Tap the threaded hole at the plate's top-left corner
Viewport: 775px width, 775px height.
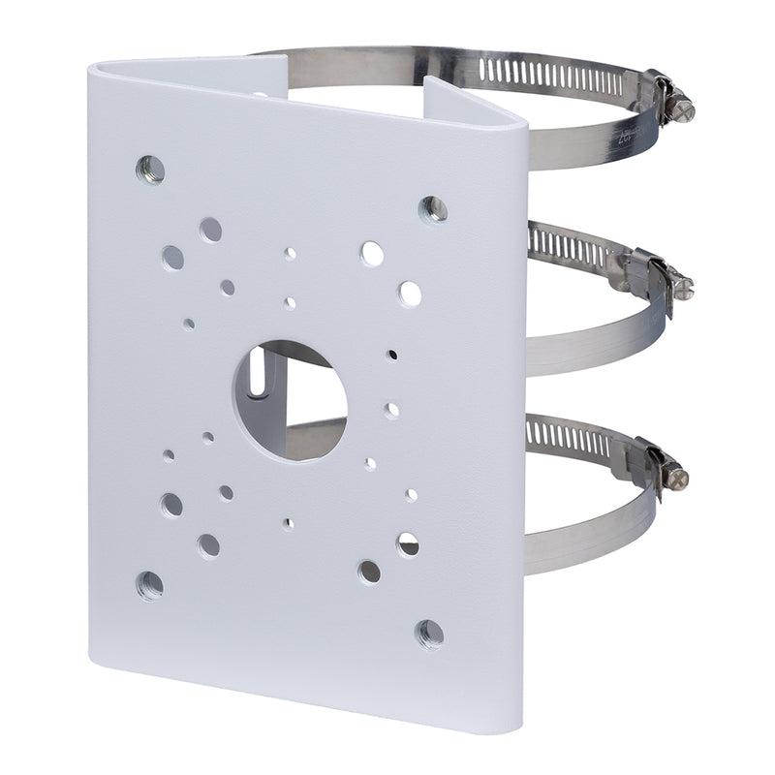(x=148, y=166)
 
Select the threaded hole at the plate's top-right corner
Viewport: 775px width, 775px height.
(x=432, y=207)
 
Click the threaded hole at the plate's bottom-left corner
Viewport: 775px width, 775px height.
(x=149, y=583)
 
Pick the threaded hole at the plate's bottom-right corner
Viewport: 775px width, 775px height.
(x=429, y=634)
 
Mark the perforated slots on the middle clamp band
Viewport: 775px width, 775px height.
(x=572, y=249)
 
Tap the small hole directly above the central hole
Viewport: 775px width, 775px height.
(x=291, y=303)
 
